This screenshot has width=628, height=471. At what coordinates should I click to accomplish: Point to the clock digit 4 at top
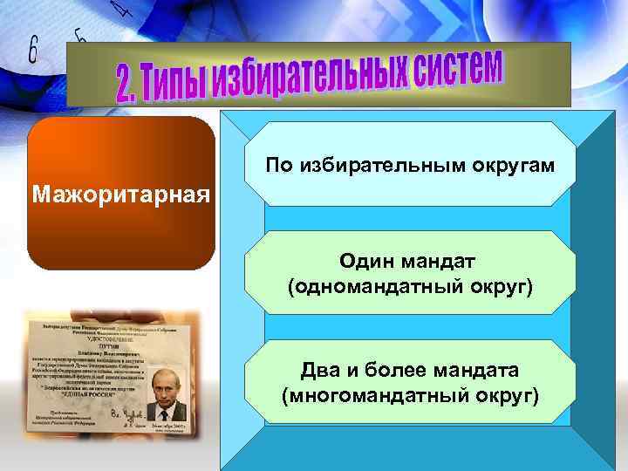(x=122, y=9)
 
